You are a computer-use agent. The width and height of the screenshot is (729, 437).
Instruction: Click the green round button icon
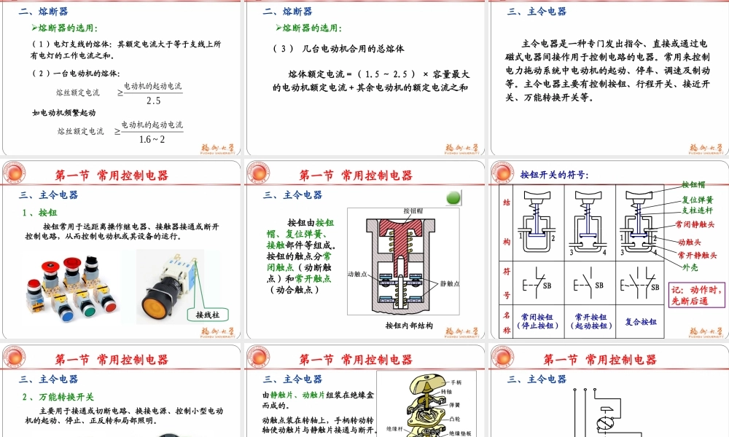click(453, 198)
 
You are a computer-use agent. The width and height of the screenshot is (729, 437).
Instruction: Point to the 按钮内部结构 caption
click(409, 326)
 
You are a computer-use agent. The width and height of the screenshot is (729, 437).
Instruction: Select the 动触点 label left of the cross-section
click(361, 274)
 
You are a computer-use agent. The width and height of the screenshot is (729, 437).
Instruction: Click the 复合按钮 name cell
click(641, 321)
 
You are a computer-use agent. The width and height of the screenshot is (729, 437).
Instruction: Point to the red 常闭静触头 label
click(695, 224)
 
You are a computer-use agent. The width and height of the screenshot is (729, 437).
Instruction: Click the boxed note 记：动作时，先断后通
click(698, 294)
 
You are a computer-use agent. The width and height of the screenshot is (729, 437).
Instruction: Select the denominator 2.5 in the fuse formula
click(153, 101)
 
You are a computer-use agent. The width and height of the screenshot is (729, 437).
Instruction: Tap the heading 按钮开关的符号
click(554, 175)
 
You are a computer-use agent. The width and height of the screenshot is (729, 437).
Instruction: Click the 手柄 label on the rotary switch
click(456, 382)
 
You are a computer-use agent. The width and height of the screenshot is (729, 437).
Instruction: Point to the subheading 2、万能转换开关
click(58, 396)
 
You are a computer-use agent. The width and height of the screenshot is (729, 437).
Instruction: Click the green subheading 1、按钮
click(41, 213)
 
